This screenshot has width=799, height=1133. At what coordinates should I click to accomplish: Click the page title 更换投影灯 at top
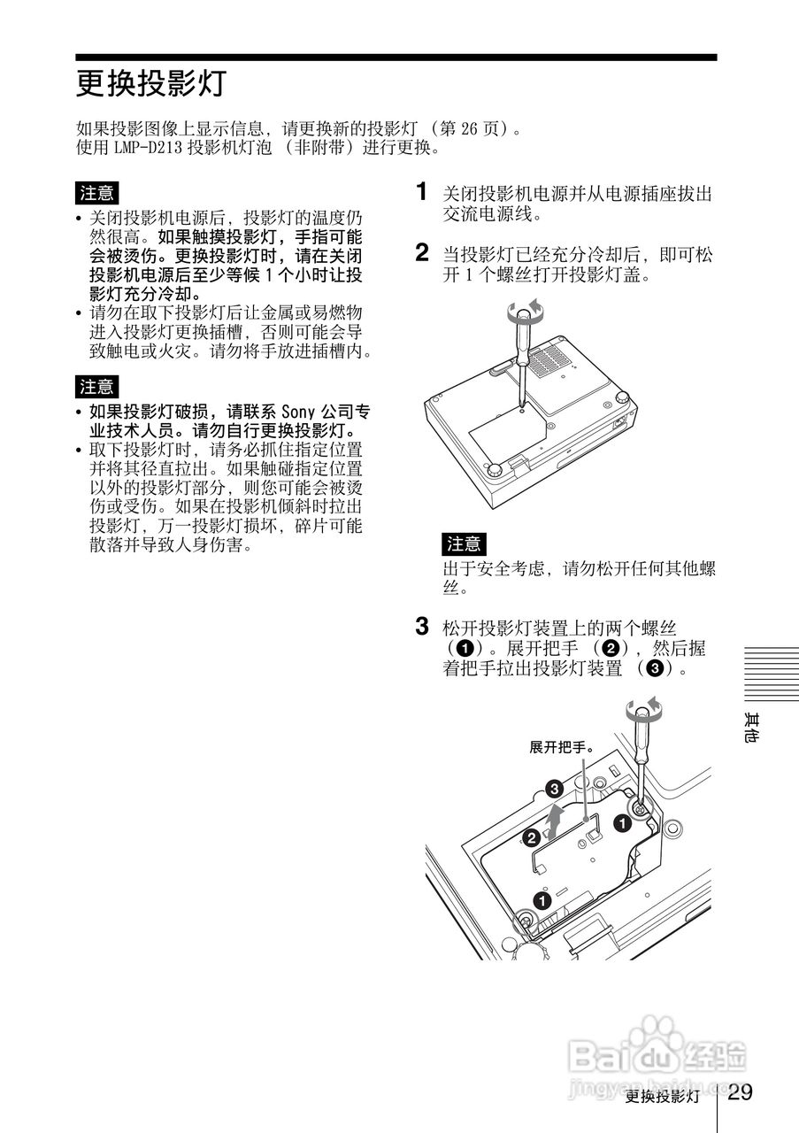click(x=152, y=85)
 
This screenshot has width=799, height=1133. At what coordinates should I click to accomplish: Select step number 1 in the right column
click(x=424, y=192)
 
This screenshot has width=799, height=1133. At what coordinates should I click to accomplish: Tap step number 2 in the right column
click(x=424, y=254)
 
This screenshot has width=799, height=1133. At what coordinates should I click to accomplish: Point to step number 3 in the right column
click(x=424, y=628)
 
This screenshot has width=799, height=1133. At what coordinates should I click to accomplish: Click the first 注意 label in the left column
click(x=96, y=192)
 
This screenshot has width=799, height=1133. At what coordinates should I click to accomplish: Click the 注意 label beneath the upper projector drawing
click(x=464, y=543)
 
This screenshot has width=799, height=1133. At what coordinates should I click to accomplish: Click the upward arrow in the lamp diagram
click(x=554, y=821)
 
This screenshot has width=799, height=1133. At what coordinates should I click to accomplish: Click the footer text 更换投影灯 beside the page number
click(x=662, y=1097)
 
